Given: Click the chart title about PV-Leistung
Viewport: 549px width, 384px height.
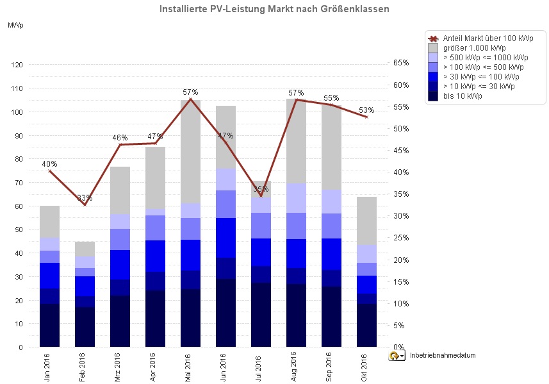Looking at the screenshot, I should tap(274, 10).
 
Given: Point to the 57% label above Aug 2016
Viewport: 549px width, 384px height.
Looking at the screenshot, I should tap(296, 93).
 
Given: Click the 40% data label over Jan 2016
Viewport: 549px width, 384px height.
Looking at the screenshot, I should tap(49, 163).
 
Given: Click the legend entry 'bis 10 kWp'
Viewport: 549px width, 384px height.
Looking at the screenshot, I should tap(462, 96).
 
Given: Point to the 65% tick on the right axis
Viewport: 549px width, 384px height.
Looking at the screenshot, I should tap(401, 63).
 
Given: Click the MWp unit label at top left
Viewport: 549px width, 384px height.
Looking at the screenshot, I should tap(16, 26).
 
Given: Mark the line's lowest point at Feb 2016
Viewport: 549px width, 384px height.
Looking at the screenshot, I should tap(85, 205).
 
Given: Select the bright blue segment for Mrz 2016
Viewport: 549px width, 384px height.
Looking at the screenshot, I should tap(120, 265).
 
